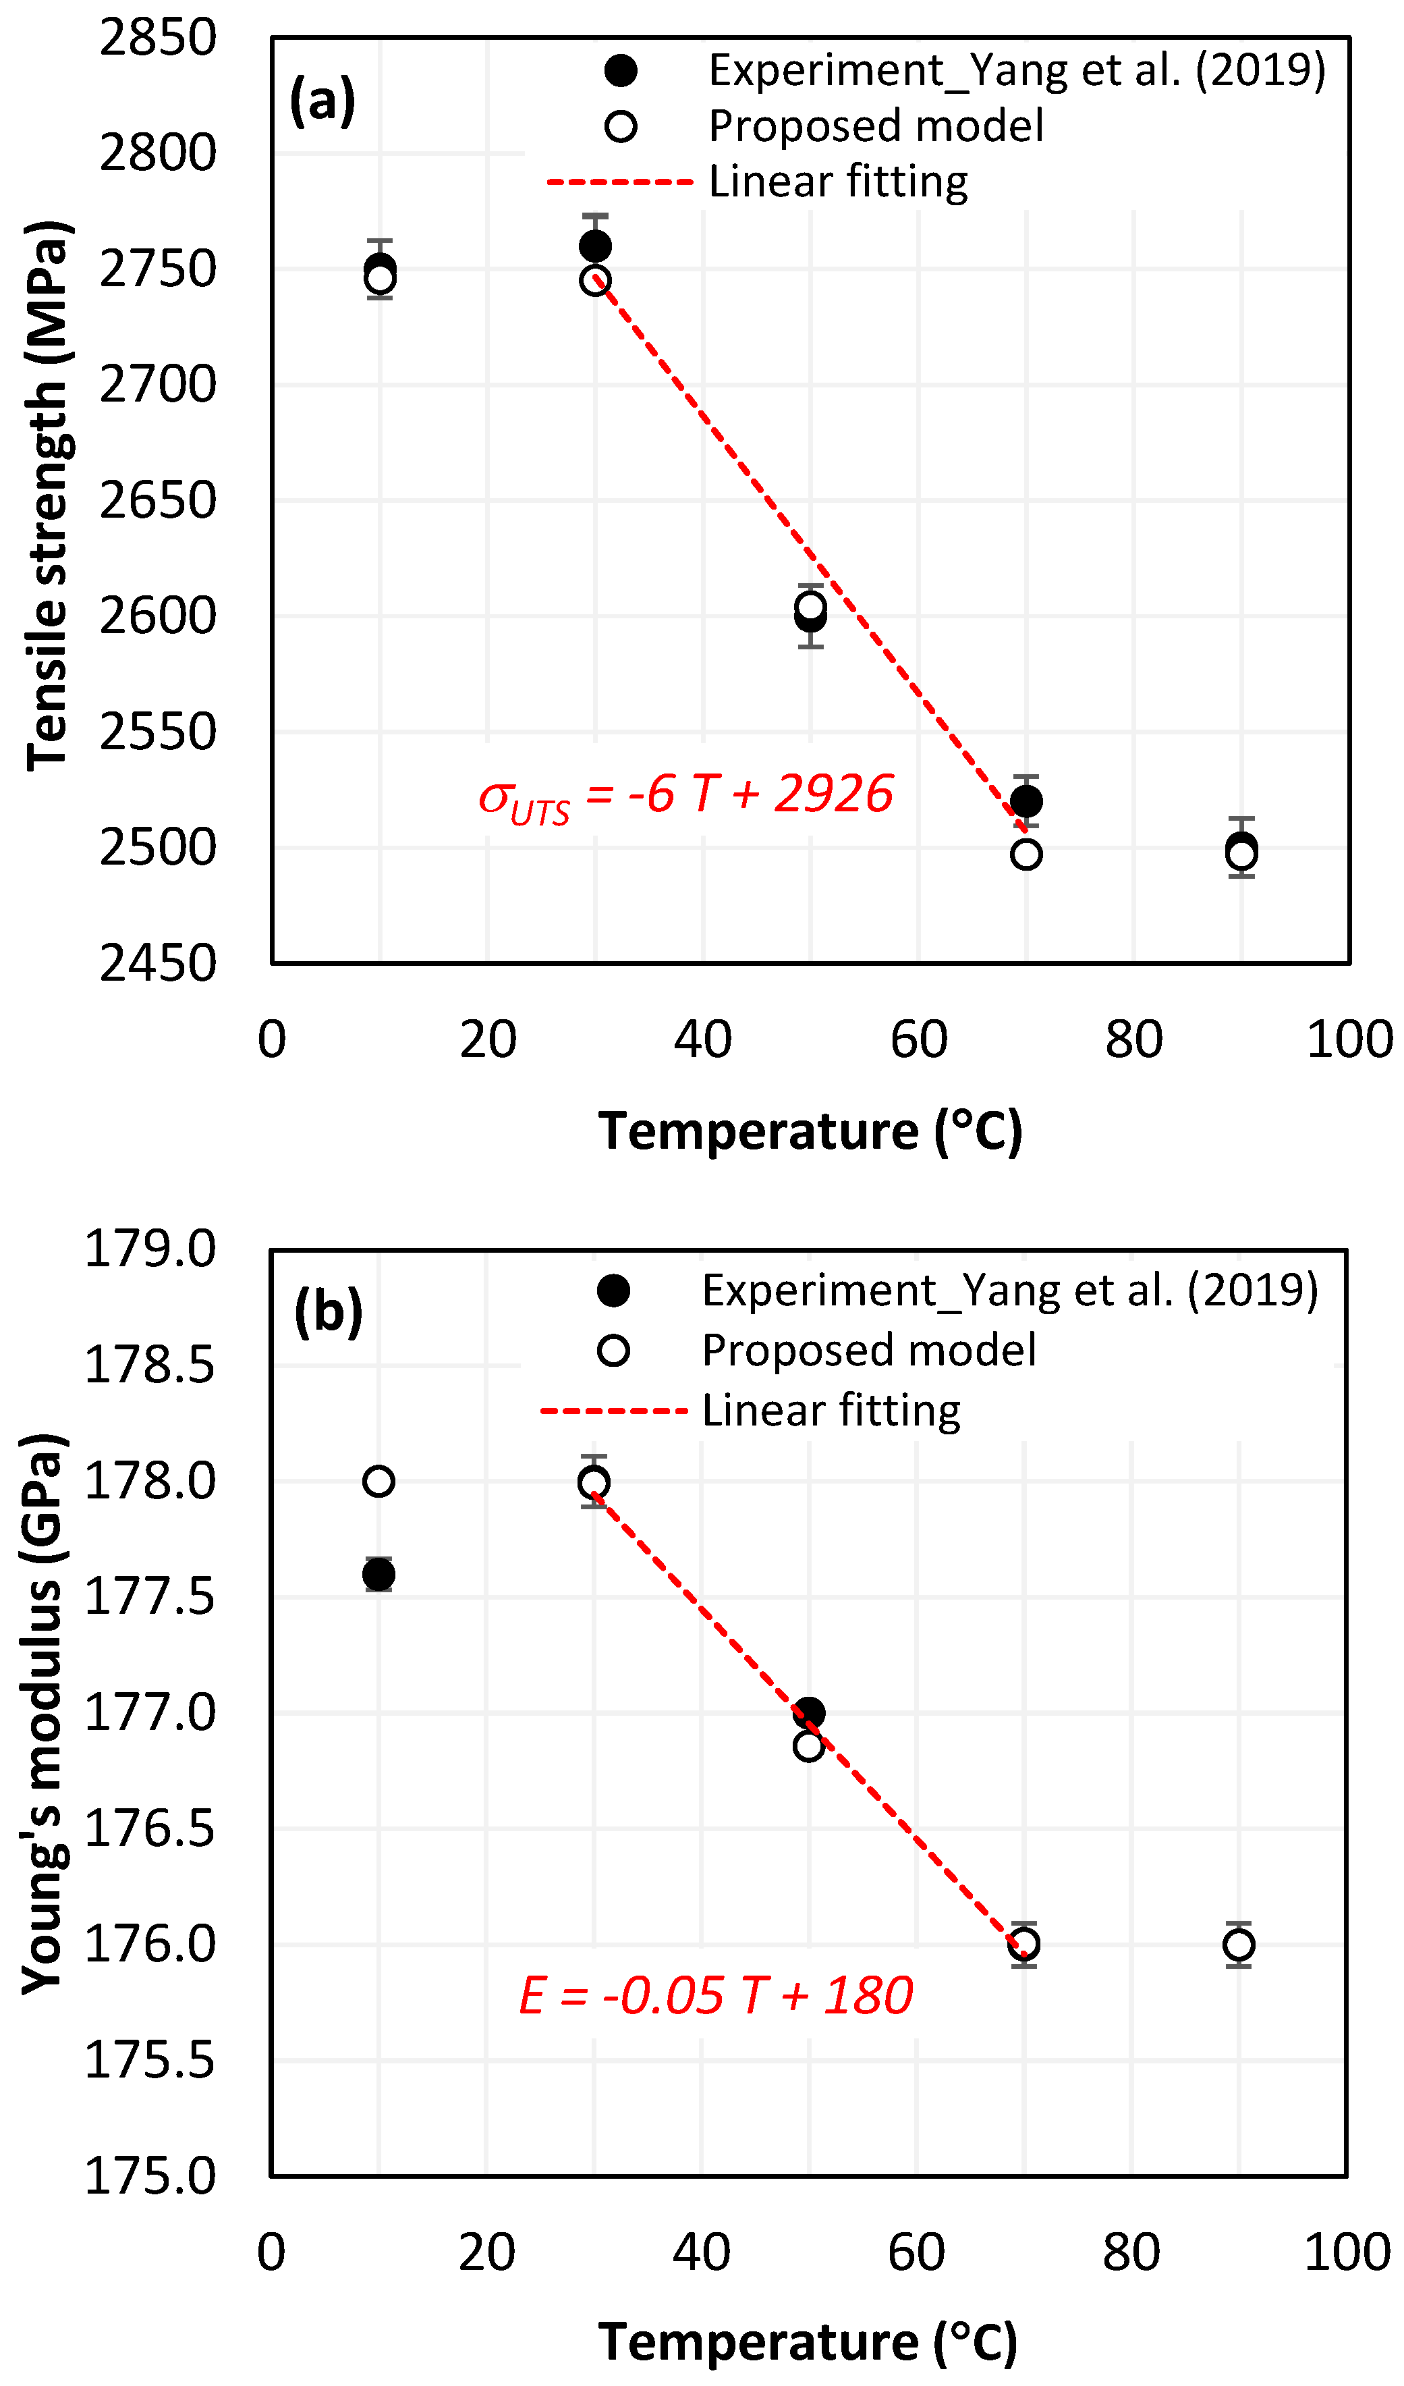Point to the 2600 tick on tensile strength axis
[x=158, y=616]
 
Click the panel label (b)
[x=329, y=1311]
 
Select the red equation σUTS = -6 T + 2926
[x=685, y=795]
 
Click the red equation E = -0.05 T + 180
[x=716, y=1995]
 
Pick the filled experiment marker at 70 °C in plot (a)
[x=1026, y=801]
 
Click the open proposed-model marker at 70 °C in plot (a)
[x=1026, y=854]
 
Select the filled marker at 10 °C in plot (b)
[x=378, y=1575]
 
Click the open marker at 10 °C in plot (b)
[x=378, y=1481]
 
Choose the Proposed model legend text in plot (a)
[x=876, y=126]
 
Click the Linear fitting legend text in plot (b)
[x=831, y=1411]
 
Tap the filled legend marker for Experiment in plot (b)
[x=613, y=1291]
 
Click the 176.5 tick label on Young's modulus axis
[x=150, y=1828]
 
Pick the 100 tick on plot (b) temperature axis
[x=1346, y=2252]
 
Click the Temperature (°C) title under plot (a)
[x=810, y=1131]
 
